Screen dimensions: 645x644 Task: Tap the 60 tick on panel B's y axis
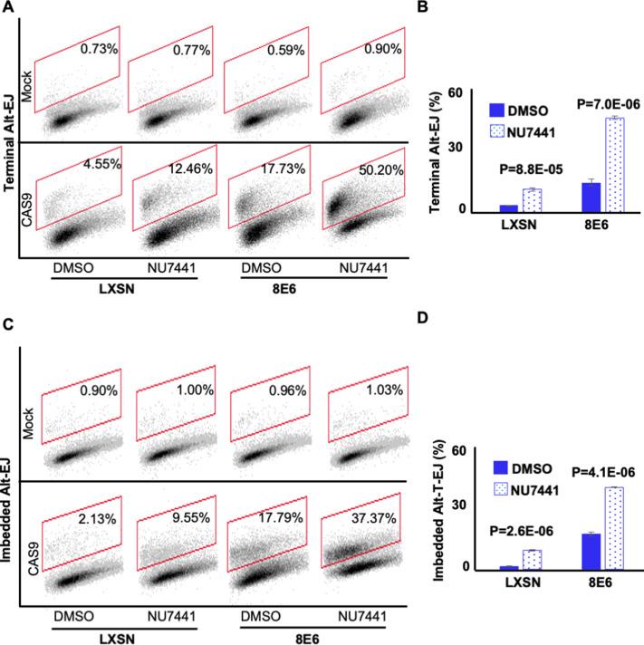(x=467, y=92)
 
